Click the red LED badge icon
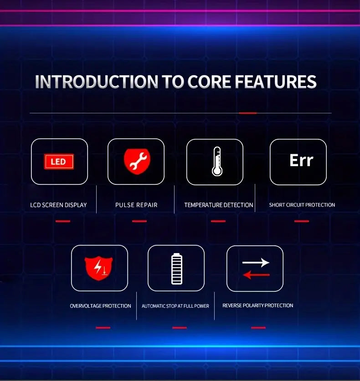[59, 162]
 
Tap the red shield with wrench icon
[137, 161]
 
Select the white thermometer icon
[217, 161]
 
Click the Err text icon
[301, 160]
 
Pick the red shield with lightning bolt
[98, 268]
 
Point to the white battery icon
[177, 269]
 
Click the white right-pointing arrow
[256, 263]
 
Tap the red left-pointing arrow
[257, 275]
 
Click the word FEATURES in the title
[276, 81]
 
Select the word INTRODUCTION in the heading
[97, 81]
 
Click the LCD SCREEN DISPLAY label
[58, 205]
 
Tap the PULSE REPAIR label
[136, 205]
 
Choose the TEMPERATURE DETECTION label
[219, 205]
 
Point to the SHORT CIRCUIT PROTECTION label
[302, 205]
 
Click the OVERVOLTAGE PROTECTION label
[100, 306]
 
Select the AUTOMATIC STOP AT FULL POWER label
[175, 306]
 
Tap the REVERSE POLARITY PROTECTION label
[258, 305]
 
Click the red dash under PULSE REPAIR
[139, 221]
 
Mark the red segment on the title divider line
[247, 113]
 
